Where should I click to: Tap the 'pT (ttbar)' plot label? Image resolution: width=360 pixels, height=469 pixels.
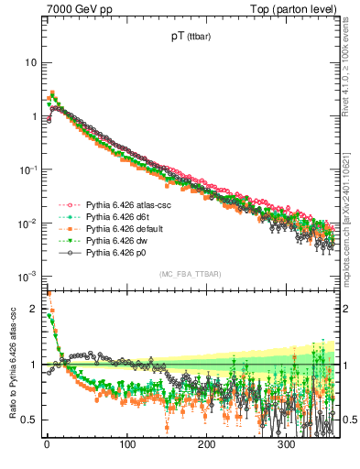187,38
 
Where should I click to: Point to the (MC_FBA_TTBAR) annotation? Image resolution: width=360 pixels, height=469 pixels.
188,275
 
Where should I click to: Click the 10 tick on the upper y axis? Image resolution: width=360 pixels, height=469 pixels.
30,62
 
